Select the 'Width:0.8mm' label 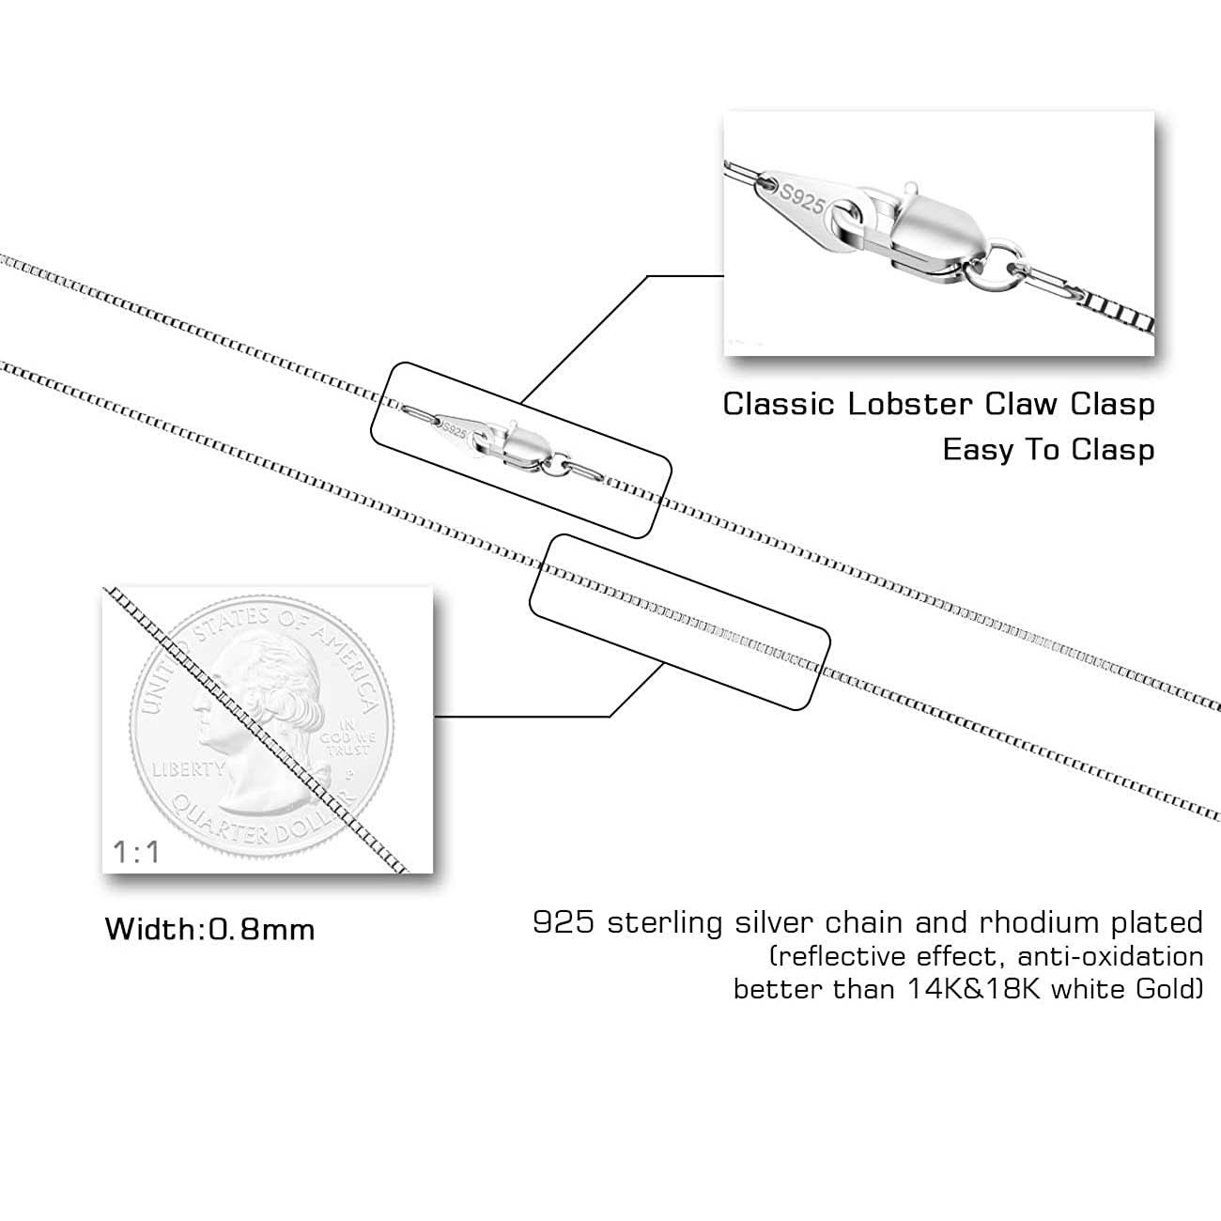point(209,930)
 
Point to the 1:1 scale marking point(136,853)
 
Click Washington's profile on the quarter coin point(249,695)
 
